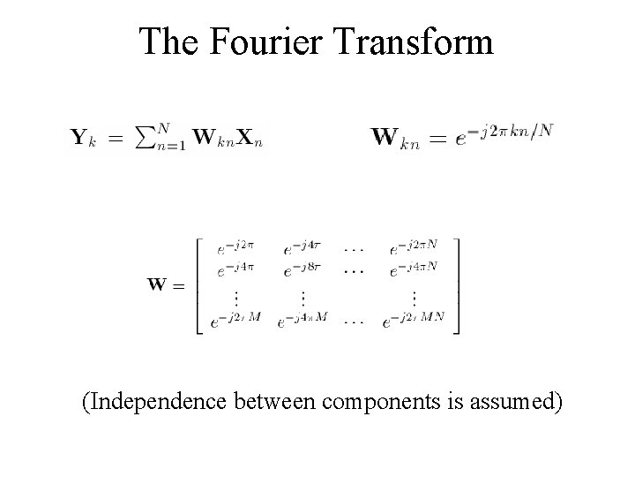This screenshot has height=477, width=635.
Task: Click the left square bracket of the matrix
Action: [x=200, y=285]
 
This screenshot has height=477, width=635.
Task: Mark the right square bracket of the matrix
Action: [x=454, y=285]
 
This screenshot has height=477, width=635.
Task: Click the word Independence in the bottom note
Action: [x=156, y=404]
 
